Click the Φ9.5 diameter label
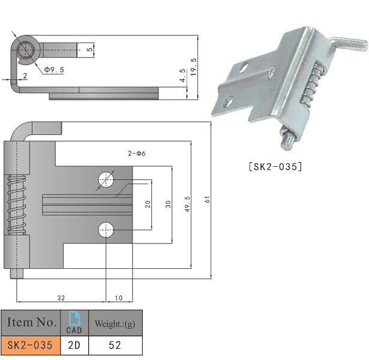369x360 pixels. tap(54, 70)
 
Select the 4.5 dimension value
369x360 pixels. tap(182, 76)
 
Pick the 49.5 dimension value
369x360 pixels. tap(187, 203)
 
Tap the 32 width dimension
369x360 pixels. tap(61, 298)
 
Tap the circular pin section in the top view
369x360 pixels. tap(27, 50)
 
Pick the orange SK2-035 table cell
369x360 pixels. tap(30, 346)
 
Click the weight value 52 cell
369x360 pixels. tap(115, 346)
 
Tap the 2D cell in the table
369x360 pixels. tap(74, 346)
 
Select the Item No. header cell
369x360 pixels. tap(30, 323)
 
